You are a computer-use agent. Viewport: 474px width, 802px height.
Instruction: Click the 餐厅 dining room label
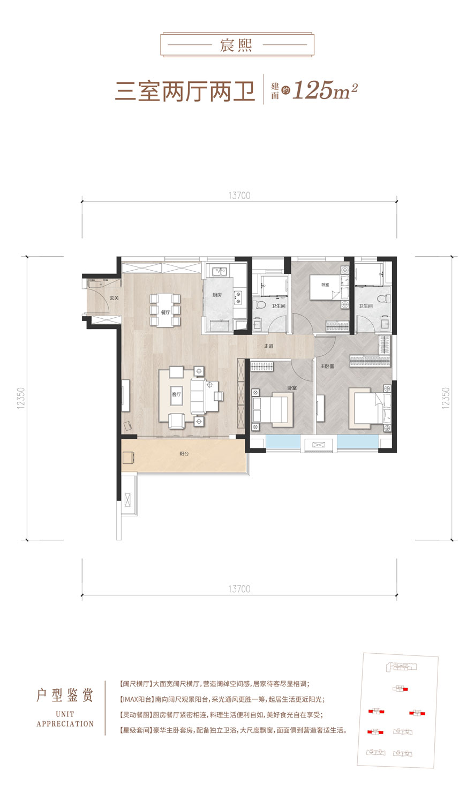tap(165, 312)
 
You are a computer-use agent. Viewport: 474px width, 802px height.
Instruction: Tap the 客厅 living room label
tap(176, 394)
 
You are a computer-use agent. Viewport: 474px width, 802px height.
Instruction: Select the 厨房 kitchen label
tap(217, 295)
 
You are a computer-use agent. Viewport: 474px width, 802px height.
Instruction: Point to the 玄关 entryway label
tap(114, 298)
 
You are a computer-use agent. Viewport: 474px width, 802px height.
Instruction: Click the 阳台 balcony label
tap(184, 454)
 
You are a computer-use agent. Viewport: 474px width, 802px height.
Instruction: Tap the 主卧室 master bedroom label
tap(327, 366)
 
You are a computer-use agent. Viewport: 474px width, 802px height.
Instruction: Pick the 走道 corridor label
tap(269, 346)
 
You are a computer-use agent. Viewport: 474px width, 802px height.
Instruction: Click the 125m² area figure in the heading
tap(325, 90)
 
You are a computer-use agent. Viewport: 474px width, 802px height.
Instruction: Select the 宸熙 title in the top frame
tap(236, 45)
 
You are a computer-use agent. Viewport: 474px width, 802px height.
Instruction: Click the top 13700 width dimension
tap(239, 195)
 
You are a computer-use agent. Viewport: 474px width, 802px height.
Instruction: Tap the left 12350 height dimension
tap(21, 398)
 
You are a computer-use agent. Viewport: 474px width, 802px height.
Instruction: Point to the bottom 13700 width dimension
tap(239, 589)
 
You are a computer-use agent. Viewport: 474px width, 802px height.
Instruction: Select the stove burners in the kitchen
tap(238, 297)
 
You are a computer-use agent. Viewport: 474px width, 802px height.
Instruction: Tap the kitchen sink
tap(219, 272)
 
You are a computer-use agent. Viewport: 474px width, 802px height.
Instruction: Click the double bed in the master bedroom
tap(370, 408)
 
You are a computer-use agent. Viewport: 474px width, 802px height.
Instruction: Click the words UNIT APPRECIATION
tap(65, 719)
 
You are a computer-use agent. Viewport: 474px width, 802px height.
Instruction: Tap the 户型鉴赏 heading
tap(65, 696)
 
